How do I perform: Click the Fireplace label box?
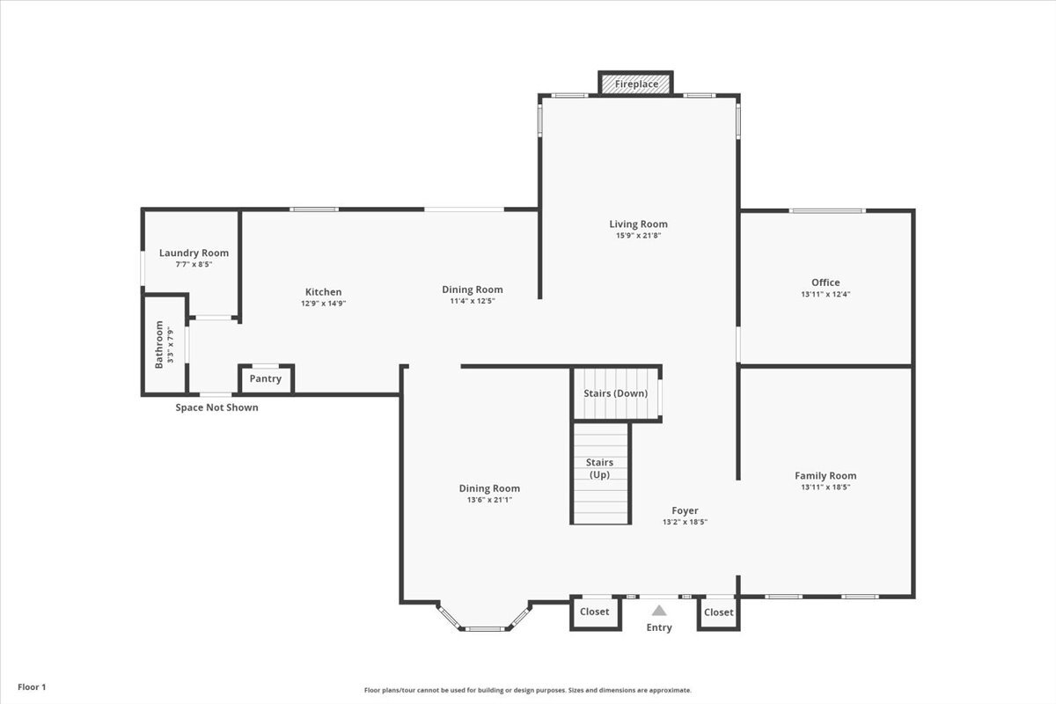point(636,84)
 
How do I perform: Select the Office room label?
point(825,282)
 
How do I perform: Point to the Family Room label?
point(825,475)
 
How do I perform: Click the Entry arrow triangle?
point(659,610)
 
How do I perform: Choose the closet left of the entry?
point(594,612)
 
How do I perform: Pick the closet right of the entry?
point(718,612)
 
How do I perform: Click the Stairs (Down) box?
point(616,394)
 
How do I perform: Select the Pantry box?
point(266,379)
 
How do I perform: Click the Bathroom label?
point(159,344)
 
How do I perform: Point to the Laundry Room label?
point(194,253)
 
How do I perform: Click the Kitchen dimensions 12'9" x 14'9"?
point(323,304)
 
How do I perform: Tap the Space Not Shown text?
point(216,407)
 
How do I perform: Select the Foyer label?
point(685,510)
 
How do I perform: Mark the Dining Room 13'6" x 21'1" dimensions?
point(489,500)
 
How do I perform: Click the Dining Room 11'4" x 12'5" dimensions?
point(473,301)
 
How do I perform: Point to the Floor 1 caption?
point(30,686)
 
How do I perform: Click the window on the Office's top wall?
point(827,210)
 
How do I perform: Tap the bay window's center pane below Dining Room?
point(485,628)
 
